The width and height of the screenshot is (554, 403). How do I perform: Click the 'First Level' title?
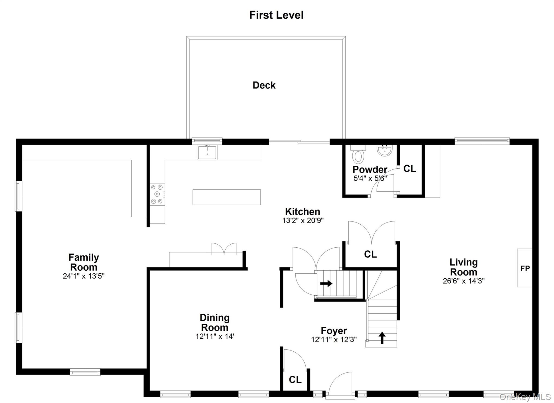[x=276, y=15]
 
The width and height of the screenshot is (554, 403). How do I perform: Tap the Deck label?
[x=264, y=85]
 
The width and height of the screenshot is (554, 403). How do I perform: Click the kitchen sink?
[x=207, y=152]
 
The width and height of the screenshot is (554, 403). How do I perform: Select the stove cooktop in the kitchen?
[x=157, y=194]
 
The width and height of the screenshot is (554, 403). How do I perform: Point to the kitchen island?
[x=227, y=197]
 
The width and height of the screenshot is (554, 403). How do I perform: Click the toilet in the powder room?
[x=358, y=155]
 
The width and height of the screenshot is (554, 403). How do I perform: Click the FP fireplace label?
[x=525, y=268]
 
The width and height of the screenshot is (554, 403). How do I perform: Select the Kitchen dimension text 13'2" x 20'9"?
[x=303, y=221]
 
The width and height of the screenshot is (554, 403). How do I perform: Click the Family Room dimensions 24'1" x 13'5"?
[x=84, y=276]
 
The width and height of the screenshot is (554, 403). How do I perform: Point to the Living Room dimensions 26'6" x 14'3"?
[x=464, y=281]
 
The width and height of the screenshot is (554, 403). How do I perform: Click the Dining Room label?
[x=215, y=322]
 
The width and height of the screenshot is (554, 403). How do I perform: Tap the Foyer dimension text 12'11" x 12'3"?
[x=334, y=339]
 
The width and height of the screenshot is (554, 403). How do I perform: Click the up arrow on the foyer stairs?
[x=382, y=338]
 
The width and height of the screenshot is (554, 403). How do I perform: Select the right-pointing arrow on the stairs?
[x=326, y=284]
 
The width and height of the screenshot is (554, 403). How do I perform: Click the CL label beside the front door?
[x=295, y=380]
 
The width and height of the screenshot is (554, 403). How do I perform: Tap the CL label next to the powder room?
[x=410, y=169]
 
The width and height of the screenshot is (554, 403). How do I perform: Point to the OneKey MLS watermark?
[x=525, y=397]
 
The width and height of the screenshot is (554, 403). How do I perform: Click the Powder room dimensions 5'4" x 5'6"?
[x=370, y=178]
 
